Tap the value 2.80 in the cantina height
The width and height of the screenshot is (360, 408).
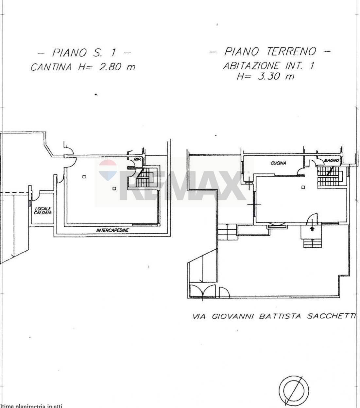coord(108,67)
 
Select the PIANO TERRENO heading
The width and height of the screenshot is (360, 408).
coord(270,52)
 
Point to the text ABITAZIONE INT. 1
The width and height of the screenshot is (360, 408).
coord(268,66)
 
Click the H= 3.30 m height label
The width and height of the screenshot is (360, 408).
coord(266,77)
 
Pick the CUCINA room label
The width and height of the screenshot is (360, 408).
coord(278,163)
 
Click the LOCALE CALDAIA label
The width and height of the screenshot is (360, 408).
coord(43,210)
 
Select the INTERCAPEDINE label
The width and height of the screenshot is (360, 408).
coord(112,230)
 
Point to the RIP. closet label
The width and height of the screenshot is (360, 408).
coord(137,159)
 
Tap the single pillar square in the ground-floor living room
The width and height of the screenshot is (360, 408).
coord(303,187)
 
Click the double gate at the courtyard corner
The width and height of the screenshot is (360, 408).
coord(202,291)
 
